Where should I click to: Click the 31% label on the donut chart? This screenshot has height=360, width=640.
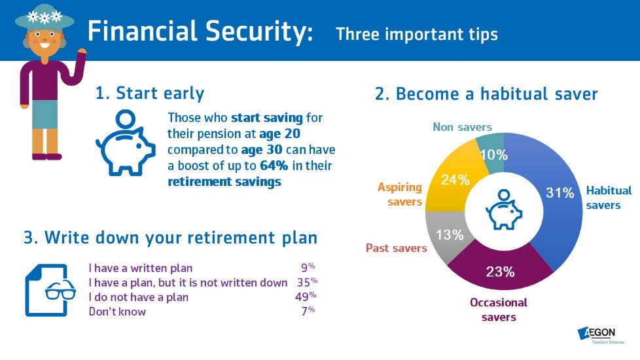click(560, 192)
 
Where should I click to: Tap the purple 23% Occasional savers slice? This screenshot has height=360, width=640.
click(501, 272)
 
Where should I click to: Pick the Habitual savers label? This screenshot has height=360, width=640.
click(609, 198)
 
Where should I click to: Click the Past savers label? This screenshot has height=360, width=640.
click(396, 248)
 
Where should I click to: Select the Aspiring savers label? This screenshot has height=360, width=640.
click(400, 194)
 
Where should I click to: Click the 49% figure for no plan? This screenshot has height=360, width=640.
click(306, 297)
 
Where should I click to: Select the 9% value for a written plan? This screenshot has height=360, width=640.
click(308, 267)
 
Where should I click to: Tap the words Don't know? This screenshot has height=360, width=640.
click(117, 312)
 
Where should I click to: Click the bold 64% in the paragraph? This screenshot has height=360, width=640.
click(274, 166)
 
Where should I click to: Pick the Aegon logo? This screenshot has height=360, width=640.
click(601, 334)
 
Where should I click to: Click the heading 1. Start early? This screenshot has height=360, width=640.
click(150, 93)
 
